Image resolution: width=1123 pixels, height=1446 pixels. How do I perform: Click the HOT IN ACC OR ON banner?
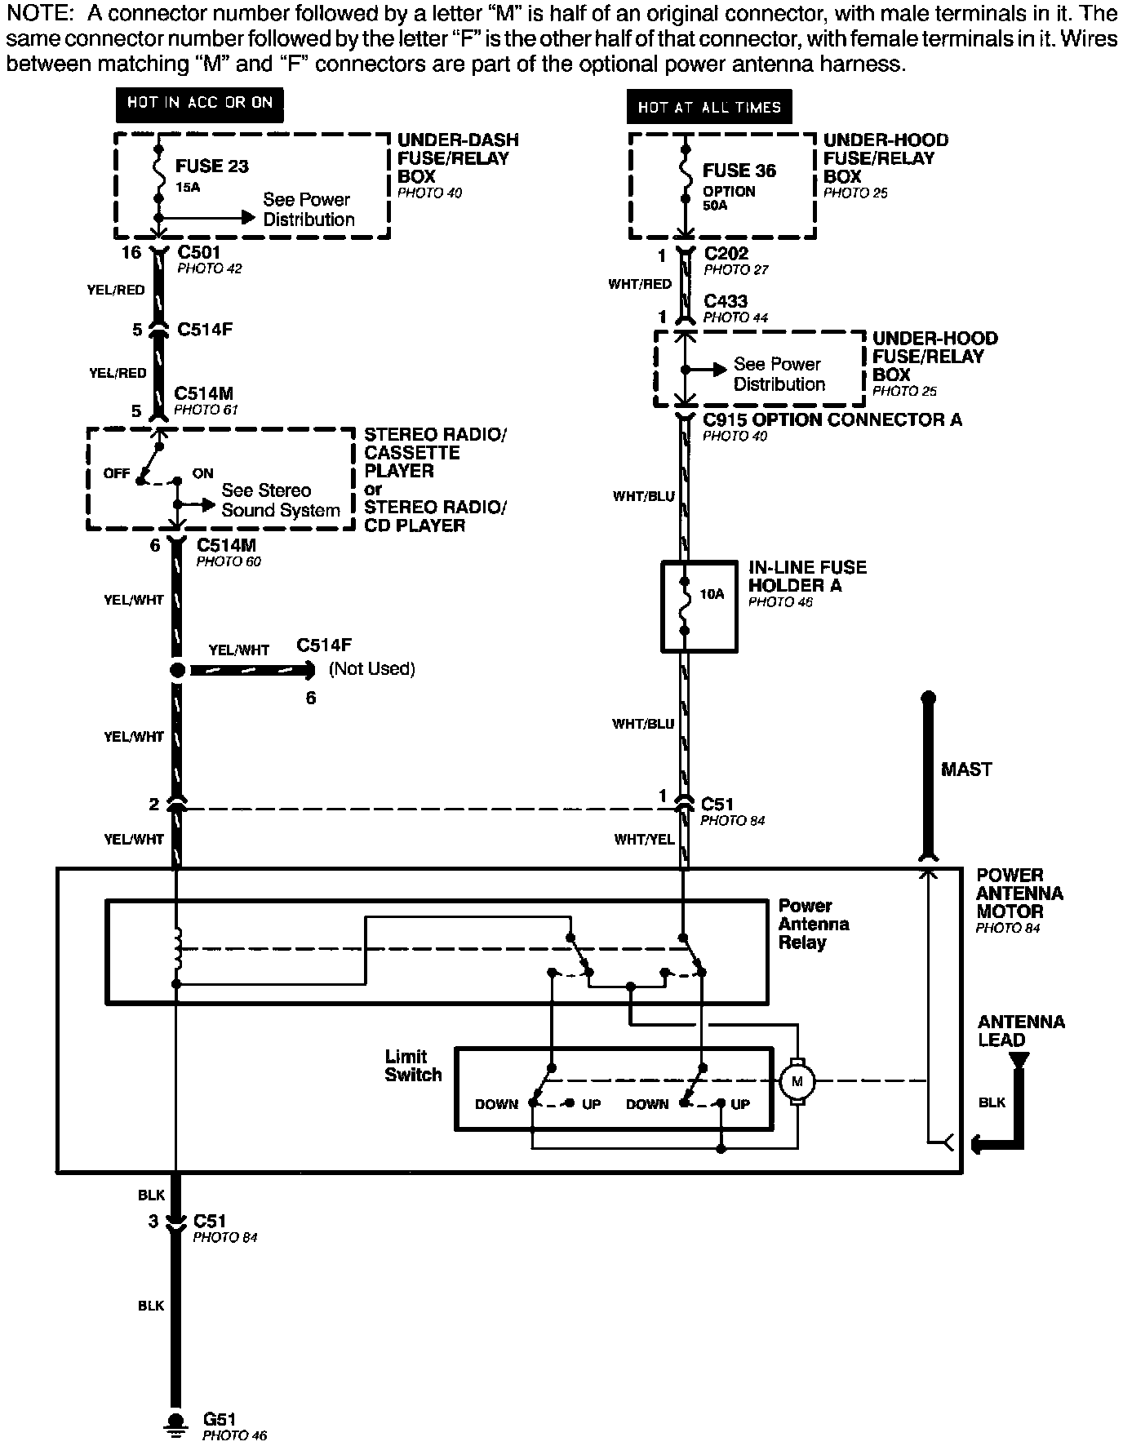[199, 103]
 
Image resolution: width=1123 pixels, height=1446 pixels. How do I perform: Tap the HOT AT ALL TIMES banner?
[709, 107]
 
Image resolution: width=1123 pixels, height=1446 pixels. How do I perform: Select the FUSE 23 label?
[212, 166]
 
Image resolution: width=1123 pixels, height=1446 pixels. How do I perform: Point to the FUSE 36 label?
[739, 171]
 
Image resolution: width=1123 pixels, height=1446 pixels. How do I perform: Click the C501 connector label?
[198, 253]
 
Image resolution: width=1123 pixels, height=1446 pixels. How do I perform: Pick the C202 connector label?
[726, 254]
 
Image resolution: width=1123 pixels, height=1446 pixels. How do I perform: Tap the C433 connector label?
[726, 301]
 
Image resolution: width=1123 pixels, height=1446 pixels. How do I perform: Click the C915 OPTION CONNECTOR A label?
[832, 420]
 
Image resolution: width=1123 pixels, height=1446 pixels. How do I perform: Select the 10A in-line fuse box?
[699, 606]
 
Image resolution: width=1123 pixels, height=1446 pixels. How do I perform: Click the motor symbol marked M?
[797, 1082]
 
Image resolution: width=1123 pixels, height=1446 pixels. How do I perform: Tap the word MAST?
[966, 770]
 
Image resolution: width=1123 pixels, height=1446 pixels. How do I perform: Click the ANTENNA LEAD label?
[1021, 1031]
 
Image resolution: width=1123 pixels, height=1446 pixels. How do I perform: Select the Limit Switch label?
[413, 1066]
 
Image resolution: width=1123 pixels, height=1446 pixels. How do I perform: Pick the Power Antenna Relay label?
[814, 925]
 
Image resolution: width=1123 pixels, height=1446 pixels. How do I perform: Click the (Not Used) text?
[372, 669]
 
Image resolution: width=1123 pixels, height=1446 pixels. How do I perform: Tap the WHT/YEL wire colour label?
[645, 839]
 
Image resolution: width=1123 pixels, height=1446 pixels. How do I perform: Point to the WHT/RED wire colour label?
[640, 284]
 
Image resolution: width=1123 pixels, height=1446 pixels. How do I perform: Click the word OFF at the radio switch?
[117, 473]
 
